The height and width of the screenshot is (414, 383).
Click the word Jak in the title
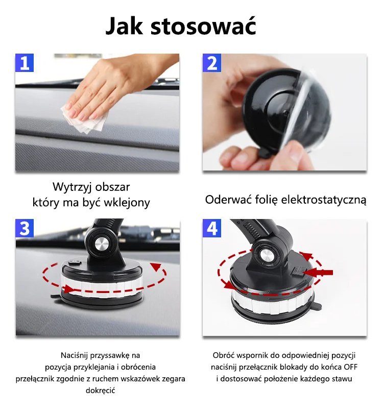point(124,26)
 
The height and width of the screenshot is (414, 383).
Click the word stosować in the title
point(203,26)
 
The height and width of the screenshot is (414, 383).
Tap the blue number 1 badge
point(25,63)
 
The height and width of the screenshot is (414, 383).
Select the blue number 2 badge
point(212,63)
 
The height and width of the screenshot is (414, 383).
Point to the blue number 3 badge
point(25,228)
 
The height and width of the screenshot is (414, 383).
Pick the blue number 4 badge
point(212,228)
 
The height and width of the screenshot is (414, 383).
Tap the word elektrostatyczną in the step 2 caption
point(324,200)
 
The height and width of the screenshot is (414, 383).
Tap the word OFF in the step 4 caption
point(350,367)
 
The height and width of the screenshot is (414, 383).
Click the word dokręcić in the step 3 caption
point(101,391)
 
